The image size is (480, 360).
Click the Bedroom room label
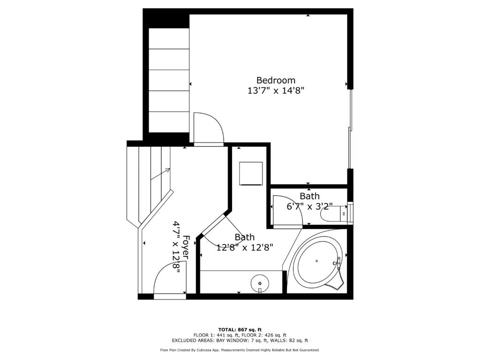(x=276, y=81)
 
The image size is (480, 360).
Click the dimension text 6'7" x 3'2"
(x=309, y=206)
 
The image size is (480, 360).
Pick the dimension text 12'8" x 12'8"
(x=245, y=247)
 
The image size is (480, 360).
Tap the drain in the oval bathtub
(x=317, y=261)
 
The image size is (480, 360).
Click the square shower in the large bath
(x=251, y=173)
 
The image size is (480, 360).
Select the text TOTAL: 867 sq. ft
(x=240, y=330)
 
